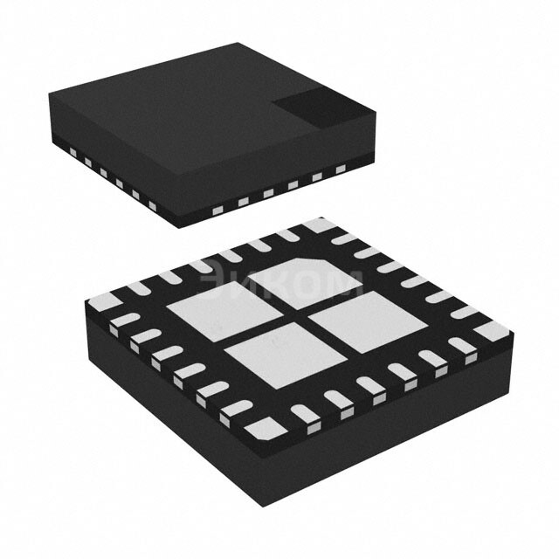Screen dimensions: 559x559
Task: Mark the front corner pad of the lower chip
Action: tap(261, 426)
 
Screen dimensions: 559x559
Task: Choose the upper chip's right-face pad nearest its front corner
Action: tap(216, 210)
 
